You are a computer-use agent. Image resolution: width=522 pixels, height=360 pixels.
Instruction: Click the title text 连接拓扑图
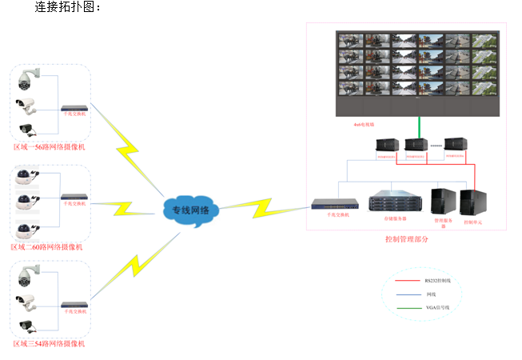pos(67,7)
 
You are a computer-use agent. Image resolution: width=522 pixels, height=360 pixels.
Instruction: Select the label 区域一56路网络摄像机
pos(50,147)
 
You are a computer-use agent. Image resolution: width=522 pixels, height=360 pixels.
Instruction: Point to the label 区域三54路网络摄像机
pos(50,343)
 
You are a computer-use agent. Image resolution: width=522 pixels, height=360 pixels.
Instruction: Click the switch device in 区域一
pos(75,106)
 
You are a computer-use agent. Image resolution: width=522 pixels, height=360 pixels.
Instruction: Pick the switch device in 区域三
pos(75,303)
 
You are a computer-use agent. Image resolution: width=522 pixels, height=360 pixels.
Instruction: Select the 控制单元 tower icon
pos(472,200)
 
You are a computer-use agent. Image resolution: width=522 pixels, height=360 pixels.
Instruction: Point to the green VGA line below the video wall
pos(418,127)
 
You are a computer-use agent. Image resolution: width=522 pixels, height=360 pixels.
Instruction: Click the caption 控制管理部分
pos(406,238)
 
